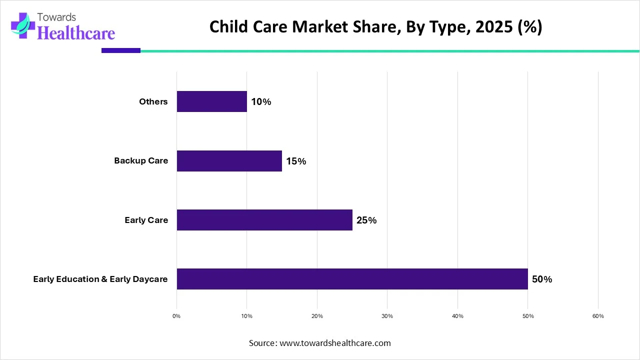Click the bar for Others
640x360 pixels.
pos(211,101)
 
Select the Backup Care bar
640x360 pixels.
pos(229,161)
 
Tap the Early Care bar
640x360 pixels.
pos(264,220)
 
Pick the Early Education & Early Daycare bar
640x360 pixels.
pos(352,279)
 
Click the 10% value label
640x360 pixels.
pos(261,102)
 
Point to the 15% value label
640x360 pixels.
pos(296,161)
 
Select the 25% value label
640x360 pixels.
pos(366,220)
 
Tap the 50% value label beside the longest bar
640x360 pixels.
pos(542,279)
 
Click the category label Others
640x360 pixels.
pos(153,102)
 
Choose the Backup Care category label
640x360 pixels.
pos(141,161)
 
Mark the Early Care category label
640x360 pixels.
pos(146,220)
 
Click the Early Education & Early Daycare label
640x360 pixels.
pos(100,279)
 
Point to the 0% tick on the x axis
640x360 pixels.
pos(176,316)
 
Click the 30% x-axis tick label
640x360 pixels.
pos(387,316)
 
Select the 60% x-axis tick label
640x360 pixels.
pos(598,316)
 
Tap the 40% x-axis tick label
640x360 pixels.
pos(457,316)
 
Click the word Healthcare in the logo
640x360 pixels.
pos(76,33)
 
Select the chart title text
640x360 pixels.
pos(375,27)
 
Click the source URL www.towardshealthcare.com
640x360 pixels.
pos(335,343)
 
